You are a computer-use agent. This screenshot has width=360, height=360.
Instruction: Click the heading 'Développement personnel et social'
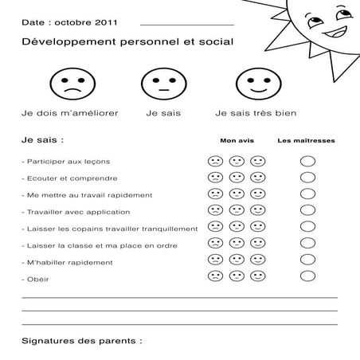click(127, 41)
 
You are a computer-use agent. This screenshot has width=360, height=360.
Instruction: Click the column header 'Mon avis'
click(237, 140)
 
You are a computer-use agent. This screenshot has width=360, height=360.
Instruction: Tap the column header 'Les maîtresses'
click(306, 140)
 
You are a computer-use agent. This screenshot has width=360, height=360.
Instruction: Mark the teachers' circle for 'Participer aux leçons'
click(307, 161)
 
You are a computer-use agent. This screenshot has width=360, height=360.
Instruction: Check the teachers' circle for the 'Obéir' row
click(307, 276)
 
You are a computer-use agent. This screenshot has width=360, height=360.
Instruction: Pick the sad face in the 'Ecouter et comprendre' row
click(215, 178)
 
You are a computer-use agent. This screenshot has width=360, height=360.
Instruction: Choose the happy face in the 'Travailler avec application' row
click(258, 210)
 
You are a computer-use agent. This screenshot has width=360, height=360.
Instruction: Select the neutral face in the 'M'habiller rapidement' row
click(237, 260)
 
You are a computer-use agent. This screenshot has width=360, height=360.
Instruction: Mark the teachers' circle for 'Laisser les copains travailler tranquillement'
click(307, 227)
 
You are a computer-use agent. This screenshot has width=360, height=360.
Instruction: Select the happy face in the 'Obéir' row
click(258, 276)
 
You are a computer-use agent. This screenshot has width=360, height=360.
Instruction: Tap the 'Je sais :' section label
click(42, 140)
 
